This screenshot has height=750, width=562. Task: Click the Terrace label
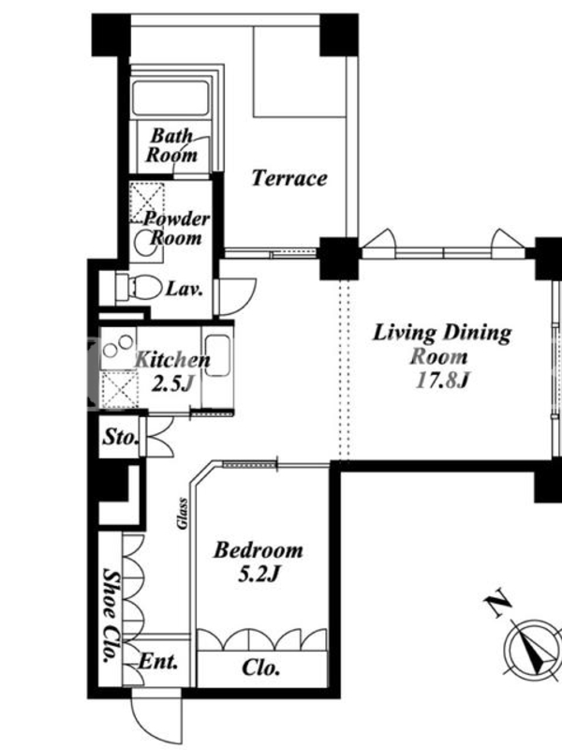pos(289,178)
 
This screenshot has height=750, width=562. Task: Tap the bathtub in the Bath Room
pos(170,98)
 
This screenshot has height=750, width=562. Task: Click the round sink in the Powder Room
pos(143,243)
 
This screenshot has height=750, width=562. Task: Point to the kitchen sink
pos(218,356)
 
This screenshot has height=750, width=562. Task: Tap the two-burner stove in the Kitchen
pos(118,347)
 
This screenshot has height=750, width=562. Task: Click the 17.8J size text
pos(443,381)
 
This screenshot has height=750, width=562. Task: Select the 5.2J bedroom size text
pos(259,573)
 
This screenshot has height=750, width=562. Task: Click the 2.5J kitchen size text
pos(172,383)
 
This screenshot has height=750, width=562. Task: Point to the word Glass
pos(182,514)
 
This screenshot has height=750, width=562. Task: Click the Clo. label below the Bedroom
pos(261,667)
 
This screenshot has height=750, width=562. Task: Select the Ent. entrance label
pos(158,662)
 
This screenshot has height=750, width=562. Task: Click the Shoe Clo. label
pos(111,615)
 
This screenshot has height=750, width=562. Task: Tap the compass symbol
pos(533,649)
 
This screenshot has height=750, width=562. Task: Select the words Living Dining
pos(442,333)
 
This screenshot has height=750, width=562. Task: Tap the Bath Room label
pos(172,145)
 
